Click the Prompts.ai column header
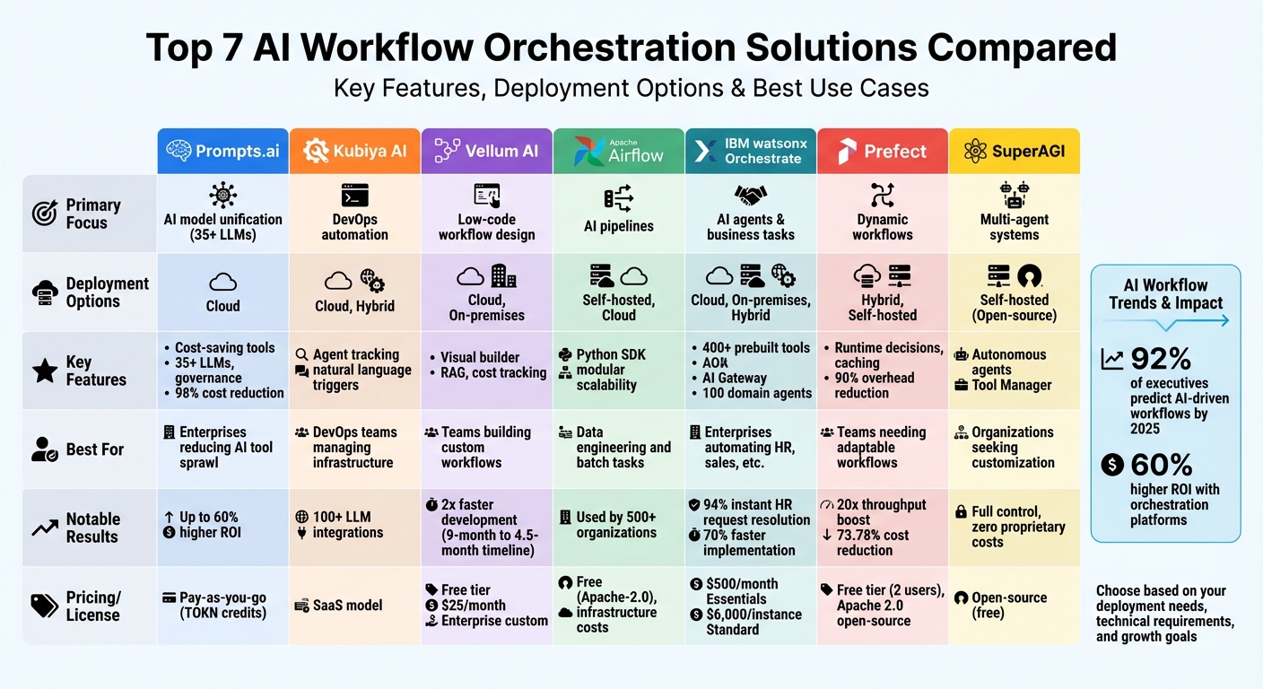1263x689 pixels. pos(222,151)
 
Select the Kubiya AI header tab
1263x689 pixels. pos(354,151)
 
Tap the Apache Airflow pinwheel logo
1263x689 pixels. pos(589,151)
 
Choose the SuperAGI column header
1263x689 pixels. pos(1015,151)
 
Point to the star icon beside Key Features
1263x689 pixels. pos(44,371)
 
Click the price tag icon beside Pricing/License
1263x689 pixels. pos(44,606)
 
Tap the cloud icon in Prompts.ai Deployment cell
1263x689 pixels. pos(222,283)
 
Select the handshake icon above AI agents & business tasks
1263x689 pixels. pos(750,196)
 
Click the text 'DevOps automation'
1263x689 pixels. pos(355,227)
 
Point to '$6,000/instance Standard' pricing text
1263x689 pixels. pos(740,622)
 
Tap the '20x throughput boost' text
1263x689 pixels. pos(881,512)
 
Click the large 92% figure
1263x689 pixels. pos(1161,360)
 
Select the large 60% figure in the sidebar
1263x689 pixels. pos(1161,465)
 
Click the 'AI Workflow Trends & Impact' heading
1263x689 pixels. pos(1165,294)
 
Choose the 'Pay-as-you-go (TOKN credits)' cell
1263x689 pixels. pos(222,606)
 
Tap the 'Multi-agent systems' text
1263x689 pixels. pos(1015,227)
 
